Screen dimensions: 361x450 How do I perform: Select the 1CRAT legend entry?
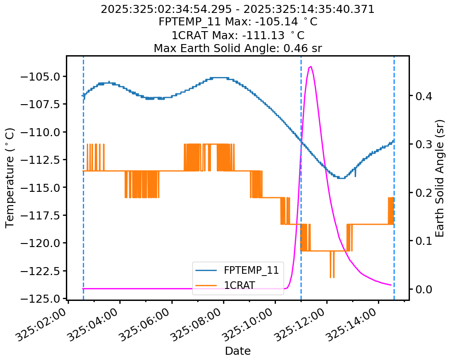[239, 285]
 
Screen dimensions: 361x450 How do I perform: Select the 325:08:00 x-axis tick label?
[198, 327]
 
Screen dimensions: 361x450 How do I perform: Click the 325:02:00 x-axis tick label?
[43, 327]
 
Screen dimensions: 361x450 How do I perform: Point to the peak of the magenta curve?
[310, 66]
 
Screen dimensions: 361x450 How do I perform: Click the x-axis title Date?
[238, 351]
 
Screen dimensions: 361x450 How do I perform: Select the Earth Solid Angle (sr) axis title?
[440, 178]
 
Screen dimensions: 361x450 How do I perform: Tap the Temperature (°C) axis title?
[10, 178]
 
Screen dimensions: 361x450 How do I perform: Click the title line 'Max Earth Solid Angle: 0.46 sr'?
[238, 48]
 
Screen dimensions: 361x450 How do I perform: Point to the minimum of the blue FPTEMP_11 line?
[341, 178]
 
